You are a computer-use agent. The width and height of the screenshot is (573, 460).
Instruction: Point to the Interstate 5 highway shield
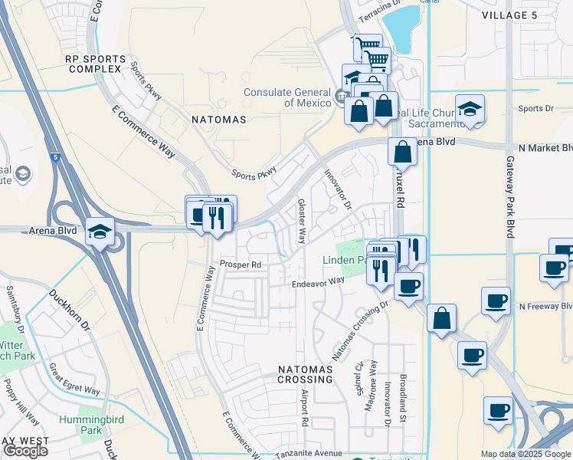pos(55,158)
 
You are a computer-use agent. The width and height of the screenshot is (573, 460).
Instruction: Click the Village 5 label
pos(515,15)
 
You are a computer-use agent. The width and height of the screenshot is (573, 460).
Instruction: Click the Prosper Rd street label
pos(241,265)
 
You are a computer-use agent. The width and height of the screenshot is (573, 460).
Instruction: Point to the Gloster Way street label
pos(302,220)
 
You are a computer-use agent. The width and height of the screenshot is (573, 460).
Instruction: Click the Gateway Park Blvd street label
pos(510,197)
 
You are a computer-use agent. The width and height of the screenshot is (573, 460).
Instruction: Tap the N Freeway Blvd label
pos(545,306)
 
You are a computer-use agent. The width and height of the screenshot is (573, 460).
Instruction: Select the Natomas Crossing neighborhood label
pos(305,375)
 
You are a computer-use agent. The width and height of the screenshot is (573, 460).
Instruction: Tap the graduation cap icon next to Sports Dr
pos(470,109)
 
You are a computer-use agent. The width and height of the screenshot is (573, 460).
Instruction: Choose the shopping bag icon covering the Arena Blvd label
pos(402,152)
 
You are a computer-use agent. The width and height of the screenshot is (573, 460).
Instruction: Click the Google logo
pos(25,451)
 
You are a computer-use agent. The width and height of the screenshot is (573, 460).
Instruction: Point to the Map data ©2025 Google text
pos(526,454)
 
